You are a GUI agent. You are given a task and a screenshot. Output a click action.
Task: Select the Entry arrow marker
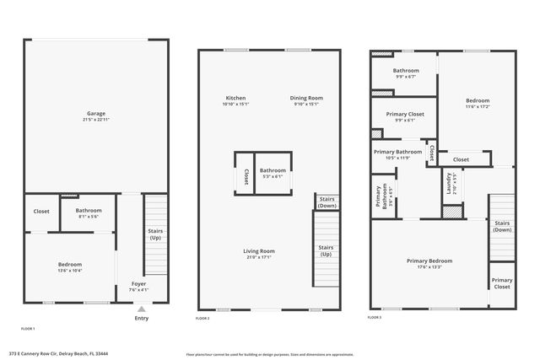point(140,309)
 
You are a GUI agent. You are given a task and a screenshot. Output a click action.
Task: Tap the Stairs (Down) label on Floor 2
point(327,202)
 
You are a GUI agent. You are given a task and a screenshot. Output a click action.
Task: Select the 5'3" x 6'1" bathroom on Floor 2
point(273,173)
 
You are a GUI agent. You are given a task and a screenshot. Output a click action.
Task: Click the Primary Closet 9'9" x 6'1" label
point(405,116)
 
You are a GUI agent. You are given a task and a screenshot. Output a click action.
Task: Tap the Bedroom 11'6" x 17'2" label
point(478,103)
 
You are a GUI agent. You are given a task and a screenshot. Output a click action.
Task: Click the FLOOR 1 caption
point(28,327)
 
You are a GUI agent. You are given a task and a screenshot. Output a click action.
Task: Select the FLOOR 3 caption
point(375,318)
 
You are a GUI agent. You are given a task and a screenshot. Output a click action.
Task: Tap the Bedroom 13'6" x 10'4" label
point(69,266)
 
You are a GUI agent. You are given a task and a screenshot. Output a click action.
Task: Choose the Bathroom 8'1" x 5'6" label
point(89,212)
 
